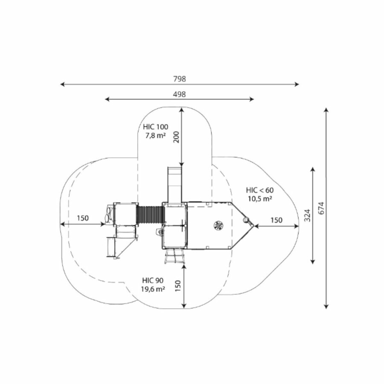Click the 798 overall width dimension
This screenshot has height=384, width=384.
tap(180, 79)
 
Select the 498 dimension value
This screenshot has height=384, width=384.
tap(180, 94)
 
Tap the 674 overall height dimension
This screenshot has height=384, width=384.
tap(321, 208)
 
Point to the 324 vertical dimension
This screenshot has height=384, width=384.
tap(308, 215)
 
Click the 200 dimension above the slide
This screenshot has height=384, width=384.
tap(177, 137)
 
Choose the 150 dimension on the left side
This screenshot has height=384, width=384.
tap(83, 218)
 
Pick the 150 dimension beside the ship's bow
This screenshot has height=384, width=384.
tap(276, 220)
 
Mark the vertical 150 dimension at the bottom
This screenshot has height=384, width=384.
tap(178, 286)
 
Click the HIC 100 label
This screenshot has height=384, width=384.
tap(155, 127)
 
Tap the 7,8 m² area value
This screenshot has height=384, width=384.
tap(155, 135)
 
